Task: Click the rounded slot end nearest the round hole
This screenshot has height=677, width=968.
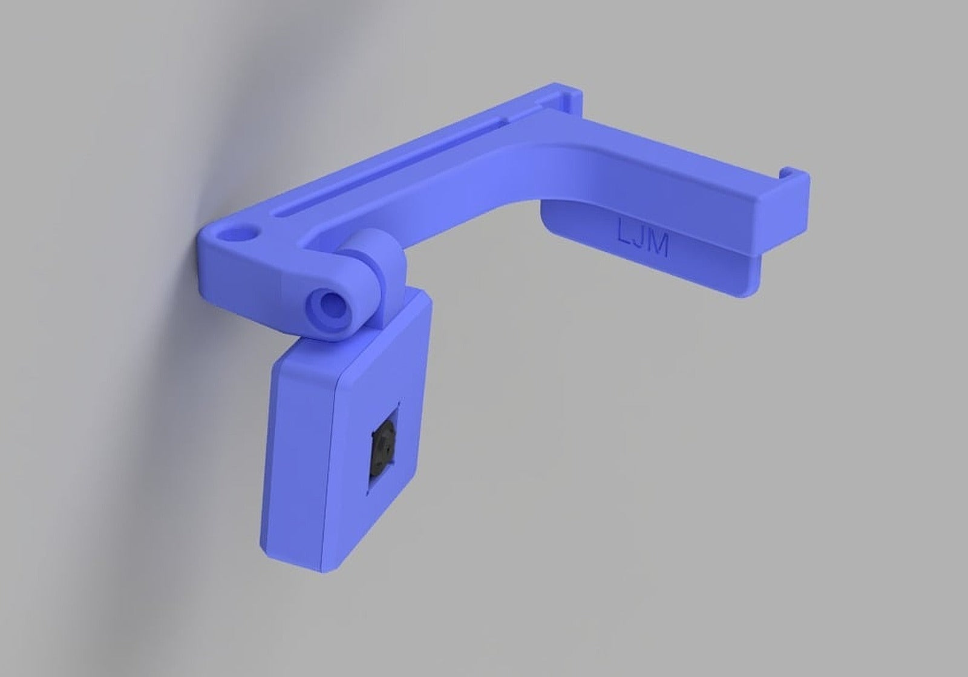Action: point(280,213)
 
